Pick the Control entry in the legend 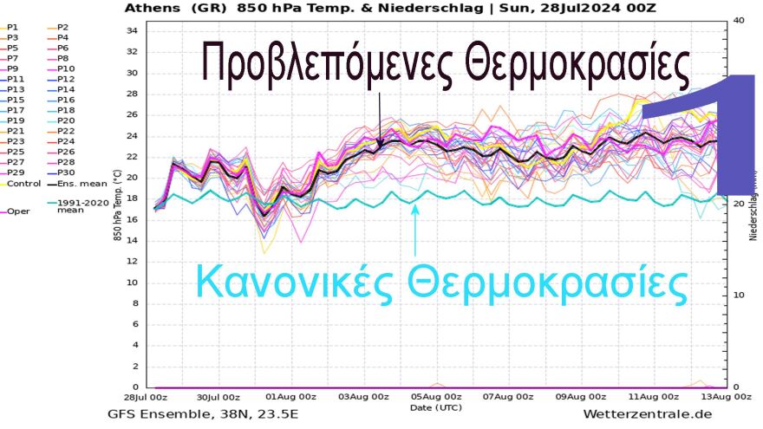tap(23, 184)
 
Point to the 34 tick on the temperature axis tap(133, 30)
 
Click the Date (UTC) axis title tap(436, 407)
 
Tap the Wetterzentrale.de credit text tap(648, 415)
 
